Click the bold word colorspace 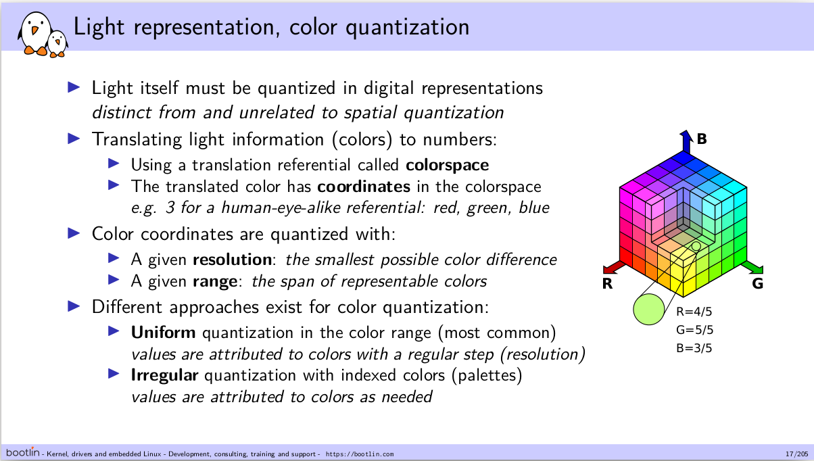pyautogui.click(x=448, y=166)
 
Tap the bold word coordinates pyautogui.click(x=364, y=187)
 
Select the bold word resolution pyautogui.click(x=232, y=260)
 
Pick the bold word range pyautogui.click(x=215, y=282)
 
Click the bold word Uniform pyautogui.click(x=163, y=333)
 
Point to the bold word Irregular pyautogui.click(x=164, y=375)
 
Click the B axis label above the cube pyautogui.click(x=702, y=139)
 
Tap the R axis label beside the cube pyautogui.click(x=607, y=284)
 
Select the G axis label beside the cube pyautogui.click(x=758, y=283)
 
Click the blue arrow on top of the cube pyautogui.click(x=686, y=142)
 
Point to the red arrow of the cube pyautogui.click(x=614, y=267)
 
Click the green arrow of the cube pyautogui.click(x=752, y=267)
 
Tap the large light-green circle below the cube pyautogui.click(x=648, y=310)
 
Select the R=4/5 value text pyautogui.click(x=694, y=312)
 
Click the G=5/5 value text pyautogui.click(x=695, y=330)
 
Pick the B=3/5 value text pyautogui.click(x=694, y=348)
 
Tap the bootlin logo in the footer pyautogui.click(x=22, y=452)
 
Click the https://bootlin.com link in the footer pyautogui.click(x=360, y=454)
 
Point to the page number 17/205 pyautogui.click(x=796, y=454)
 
